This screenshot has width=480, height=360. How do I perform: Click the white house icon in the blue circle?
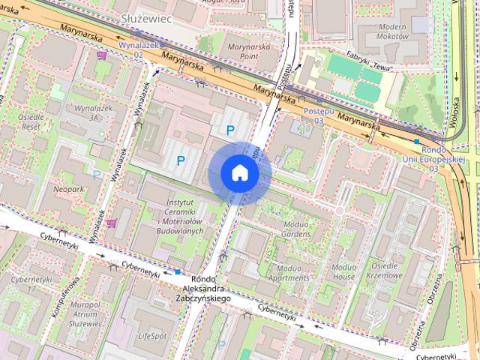pyautogui.click(x=240, y=173)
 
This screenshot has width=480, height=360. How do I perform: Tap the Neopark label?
pyautogui.click(x=68, y=189)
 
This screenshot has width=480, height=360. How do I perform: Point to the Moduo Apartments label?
pyautogui.click(x=288, y=272)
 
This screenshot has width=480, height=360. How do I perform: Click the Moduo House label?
pyautogui.click(x=343, y=271)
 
